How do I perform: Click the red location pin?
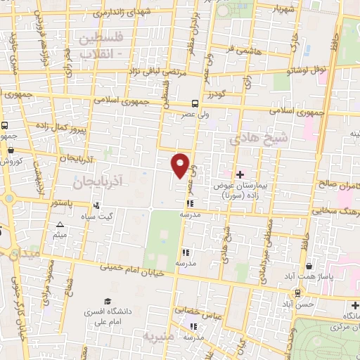tap(181, 165)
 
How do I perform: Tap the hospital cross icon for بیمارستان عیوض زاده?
tap(240, 174)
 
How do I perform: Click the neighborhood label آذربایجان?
tap(96, 181)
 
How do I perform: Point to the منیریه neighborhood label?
tap(158, 336)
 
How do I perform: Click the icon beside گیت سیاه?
tap(96, 206)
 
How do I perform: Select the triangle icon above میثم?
tap(60, 224)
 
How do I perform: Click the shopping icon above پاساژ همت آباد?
tap(310, 266)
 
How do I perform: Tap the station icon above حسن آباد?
tap(298, 292)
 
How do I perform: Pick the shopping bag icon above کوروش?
tap(10, 150)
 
